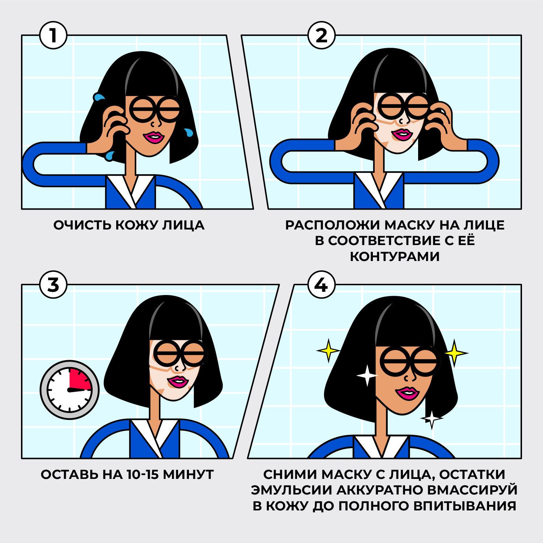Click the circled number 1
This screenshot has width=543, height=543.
53,36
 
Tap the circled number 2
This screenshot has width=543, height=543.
321,36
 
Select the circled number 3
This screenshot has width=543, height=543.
53,286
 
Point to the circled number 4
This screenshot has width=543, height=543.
321,286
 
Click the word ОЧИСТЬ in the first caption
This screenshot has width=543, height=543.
82,225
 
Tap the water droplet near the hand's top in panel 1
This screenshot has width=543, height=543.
98,97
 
